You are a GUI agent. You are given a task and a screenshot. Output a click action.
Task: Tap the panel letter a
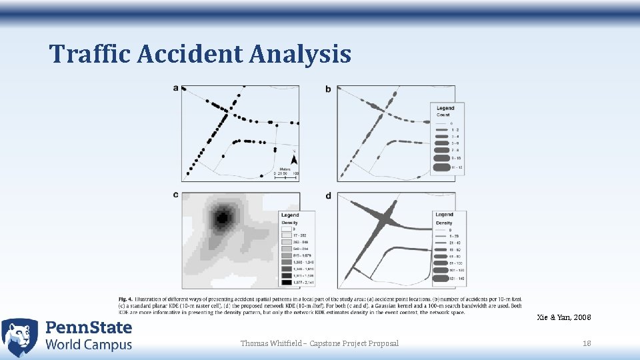pyautogui.click(x=175, y=88)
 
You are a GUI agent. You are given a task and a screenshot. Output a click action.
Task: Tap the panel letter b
pyautogui.click(x=328, y=89)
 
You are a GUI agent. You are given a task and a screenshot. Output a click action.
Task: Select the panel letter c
pyautogui.click(x=175, y=195)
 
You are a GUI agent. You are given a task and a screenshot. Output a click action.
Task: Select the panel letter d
pyautogui.click(x=328, y=195)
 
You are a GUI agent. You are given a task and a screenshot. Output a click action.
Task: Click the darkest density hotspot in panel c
pyautogui.click(x=222, y=217)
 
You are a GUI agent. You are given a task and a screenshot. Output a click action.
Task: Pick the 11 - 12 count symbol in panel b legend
pyautogui.click(x=441, y=167)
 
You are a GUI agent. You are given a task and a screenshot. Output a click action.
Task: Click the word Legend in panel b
pyautogui.click(x=445, y=108)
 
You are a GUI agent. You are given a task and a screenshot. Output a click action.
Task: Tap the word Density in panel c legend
pyautogui.click(x=289, y=221)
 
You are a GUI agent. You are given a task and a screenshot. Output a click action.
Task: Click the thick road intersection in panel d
pyautogui.click(x=385, y=217)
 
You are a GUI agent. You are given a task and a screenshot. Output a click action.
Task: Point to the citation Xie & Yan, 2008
pyautogui.click(x=563, y=317)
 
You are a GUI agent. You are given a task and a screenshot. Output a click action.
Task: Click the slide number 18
pyautogui.click(x=587, y=343)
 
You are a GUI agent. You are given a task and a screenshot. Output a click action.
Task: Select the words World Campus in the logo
pyautogui.click(x=89, y=345)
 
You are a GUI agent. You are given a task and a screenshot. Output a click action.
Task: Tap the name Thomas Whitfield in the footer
pyautogui.click(x=271, y=343)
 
